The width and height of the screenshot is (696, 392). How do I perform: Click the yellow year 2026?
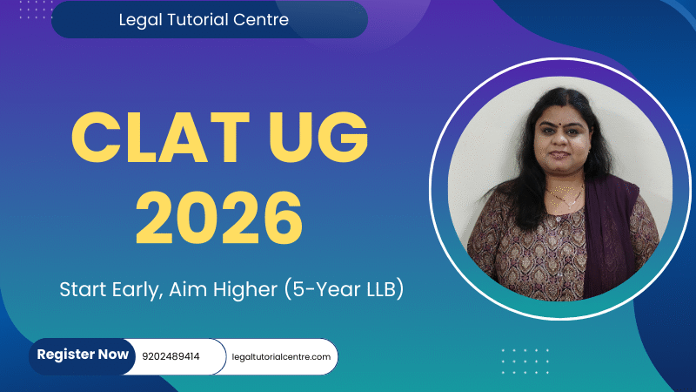click(219, 218)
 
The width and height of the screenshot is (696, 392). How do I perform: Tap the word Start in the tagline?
click(83, 289)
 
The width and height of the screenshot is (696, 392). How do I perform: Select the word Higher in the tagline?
click(245, 289)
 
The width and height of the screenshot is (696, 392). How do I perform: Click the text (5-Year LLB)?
click(344, 289)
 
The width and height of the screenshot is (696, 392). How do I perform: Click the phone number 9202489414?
click(171, 356)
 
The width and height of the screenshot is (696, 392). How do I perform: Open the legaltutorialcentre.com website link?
click(281, 357)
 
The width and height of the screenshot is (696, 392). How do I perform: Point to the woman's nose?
click(560, 139)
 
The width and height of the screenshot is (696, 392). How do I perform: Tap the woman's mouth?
click(560, 155)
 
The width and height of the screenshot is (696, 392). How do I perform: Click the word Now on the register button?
click(113, 355)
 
